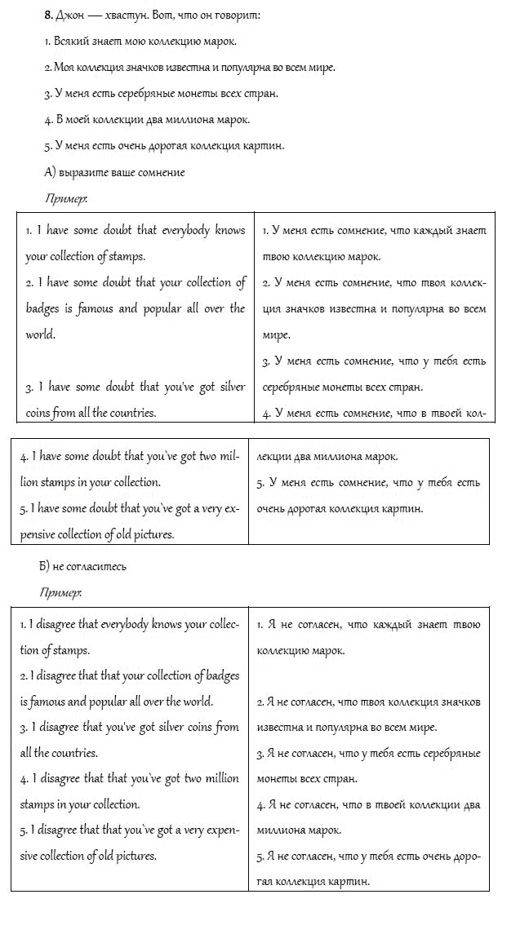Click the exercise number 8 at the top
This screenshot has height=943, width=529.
tap(48, 15)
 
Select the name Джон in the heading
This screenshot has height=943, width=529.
tap(71, 15)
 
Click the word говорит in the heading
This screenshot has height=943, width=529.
tap(238, 15)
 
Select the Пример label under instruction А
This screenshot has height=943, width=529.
tap(66, 198)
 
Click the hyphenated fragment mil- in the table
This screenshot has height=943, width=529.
tap(229, 457)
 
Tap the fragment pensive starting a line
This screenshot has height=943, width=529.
tap(44, 535)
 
